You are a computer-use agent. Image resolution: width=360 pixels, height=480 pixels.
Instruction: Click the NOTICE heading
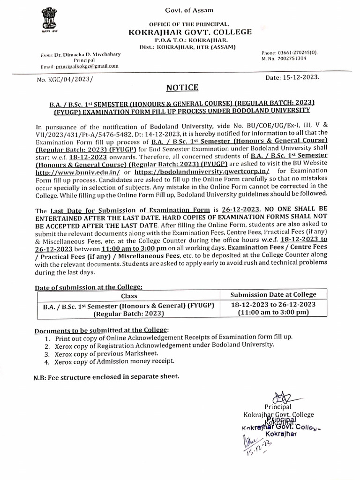182,88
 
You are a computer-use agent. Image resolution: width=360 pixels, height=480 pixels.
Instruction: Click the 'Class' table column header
129,296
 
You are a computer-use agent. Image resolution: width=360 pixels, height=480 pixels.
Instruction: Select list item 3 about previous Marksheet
106,353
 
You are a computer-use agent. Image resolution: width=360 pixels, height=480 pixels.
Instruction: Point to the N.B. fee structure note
106,376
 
